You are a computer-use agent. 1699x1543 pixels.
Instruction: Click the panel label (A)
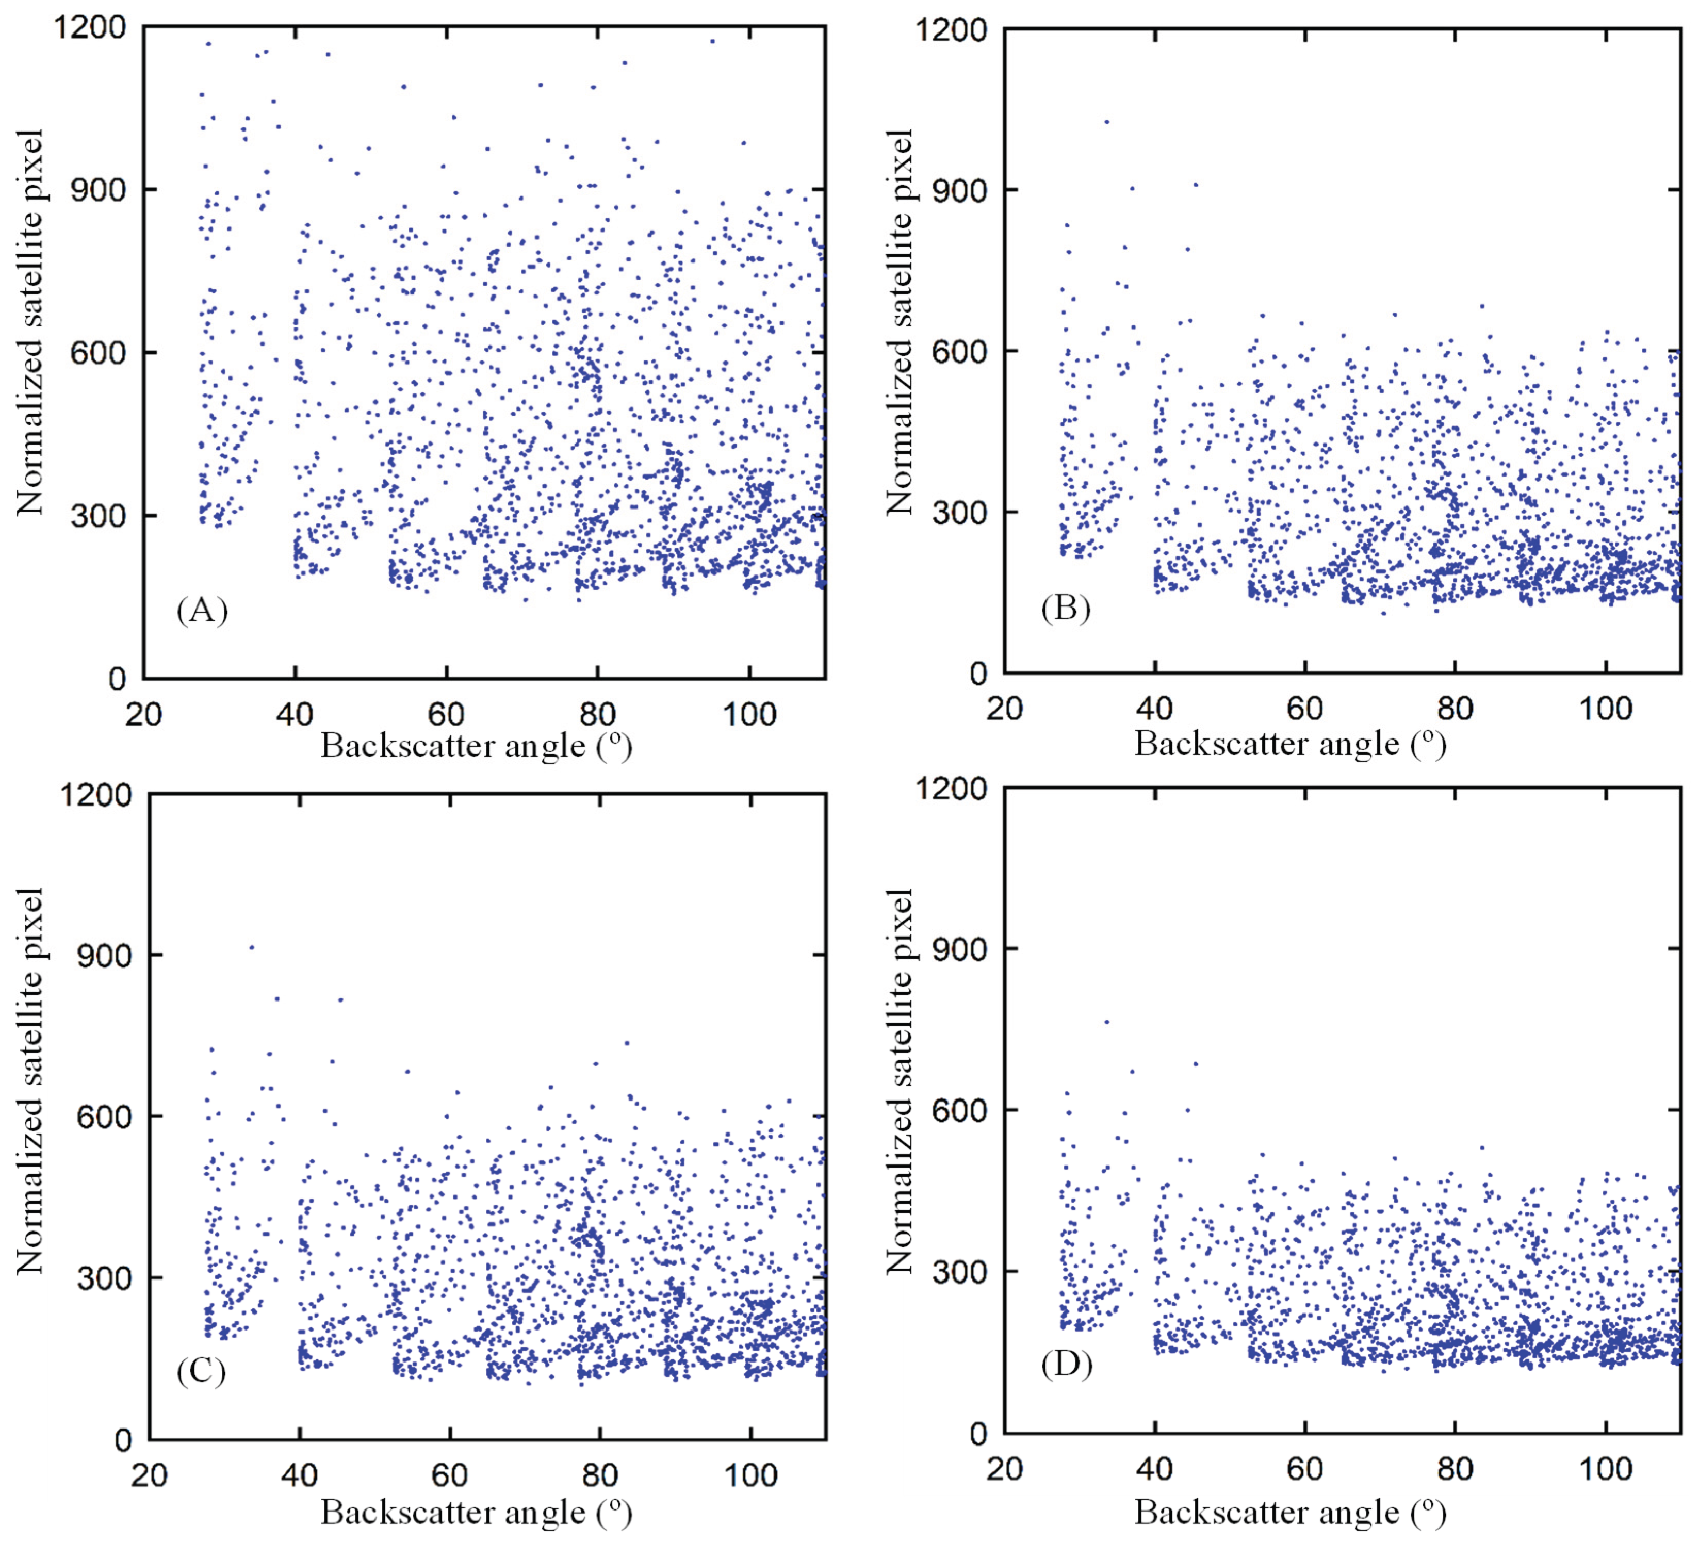[202, 609]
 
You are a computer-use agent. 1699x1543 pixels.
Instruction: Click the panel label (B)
[1066, 608]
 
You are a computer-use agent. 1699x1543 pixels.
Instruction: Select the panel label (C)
[202, 1371]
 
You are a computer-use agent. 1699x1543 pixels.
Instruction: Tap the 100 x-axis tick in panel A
[749, 715]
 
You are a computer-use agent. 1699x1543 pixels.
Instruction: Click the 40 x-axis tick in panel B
[1154, 709]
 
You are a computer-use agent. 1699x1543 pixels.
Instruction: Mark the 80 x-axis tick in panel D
[1456, 1469]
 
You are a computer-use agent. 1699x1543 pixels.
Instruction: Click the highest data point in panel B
[1106, 122]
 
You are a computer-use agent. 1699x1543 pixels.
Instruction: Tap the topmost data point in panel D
[1106, 1022]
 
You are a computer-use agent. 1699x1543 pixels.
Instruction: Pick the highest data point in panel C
[251, 947]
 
